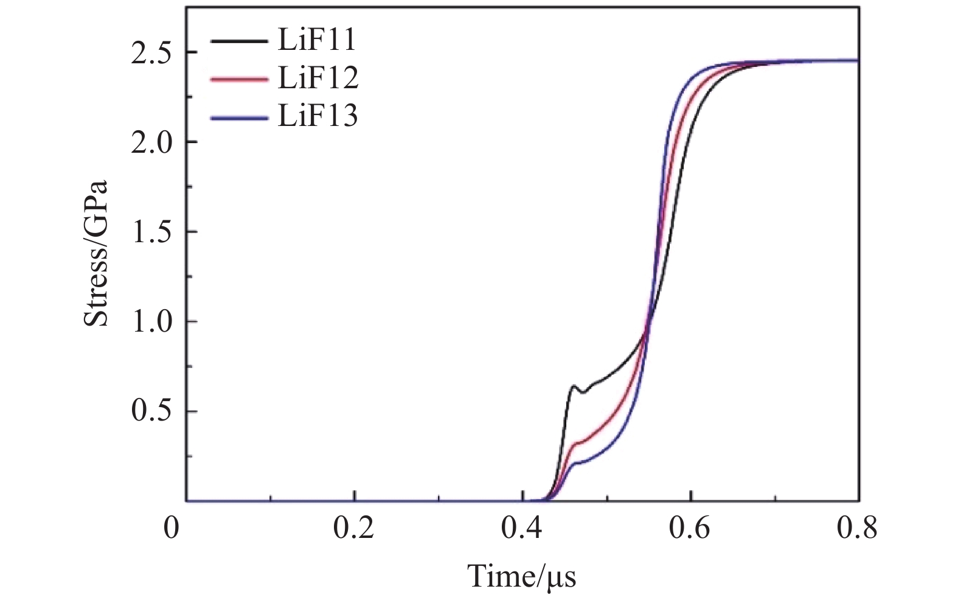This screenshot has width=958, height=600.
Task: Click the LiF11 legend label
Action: [x=316, y=41]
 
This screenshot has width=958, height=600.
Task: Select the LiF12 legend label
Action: [x=318, y=78]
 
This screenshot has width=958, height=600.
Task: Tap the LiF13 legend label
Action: [x=318, y=115]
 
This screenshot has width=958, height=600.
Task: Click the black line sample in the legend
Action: [x=238, y=41]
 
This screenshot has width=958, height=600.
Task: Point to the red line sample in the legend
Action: [x=238, y=79]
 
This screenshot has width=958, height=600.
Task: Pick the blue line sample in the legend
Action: [x=238, y=116]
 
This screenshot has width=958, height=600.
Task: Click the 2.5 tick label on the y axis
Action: [x=151, y=53]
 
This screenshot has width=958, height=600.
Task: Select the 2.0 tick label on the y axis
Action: [x=151, y=143]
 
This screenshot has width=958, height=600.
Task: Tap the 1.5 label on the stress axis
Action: [x=151, y=232]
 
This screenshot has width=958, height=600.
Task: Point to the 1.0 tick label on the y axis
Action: [x=151, y=323]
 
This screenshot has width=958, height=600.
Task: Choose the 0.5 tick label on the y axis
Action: [x=151, y=412]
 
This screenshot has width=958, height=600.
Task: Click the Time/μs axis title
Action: [x=521, y=575]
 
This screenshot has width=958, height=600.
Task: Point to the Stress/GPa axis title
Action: [x=96, y=253]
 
